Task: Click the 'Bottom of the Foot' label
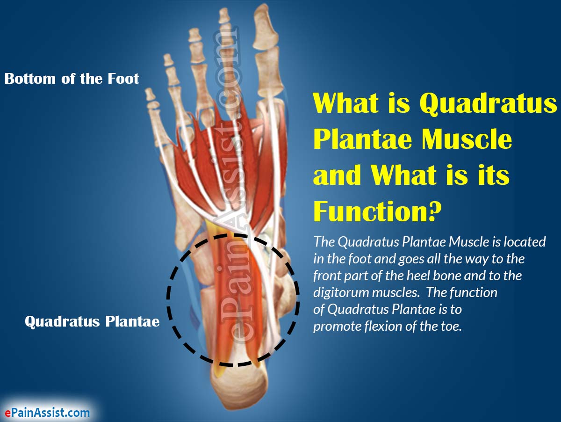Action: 72,78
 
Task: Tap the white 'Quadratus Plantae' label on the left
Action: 92,321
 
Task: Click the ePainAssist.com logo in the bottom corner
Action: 47,412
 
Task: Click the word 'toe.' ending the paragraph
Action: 451,326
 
